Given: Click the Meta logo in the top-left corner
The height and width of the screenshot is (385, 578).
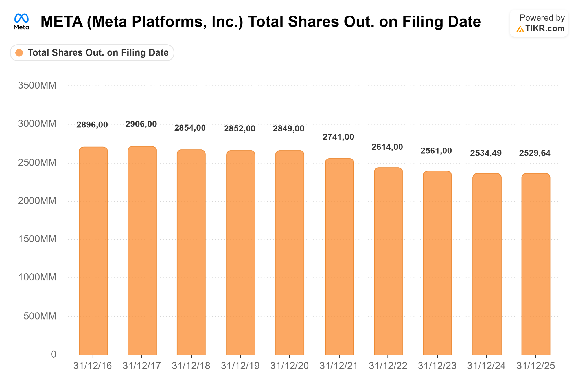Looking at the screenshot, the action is [21, 21].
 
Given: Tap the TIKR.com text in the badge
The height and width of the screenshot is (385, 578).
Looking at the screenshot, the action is [545, 28].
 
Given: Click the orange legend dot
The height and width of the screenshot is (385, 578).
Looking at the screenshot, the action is [19, 53].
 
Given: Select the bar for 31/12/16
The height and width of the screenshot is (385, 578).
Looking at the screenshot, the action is [93, 251].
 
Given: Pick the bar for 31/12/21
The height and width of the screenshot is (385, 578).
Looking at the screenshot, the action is [339, 256].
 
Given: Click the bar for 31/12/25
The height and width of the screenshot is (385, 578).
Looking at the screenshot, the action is [536, 264].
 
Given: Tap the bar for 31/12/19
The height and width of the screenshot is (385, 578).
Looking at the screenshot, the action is [241, 252].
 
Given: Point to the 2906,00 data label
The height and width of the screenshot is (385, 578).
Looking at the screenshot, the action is [141, 124].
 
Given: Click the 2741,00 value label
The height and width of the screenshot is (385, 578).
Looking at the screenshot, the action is [338, 137].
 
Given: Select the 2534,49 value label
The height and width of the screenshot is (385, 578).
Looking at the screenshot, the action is [486, 153].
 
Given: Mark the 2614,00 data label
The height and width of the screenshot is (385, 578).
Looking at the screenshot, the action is [387, 147].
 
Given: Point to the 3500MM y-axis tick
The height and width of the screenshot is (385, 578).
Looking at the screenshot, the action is [37, 85].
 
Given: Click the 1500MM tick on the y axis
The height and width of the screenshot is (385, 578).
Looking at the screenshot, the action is [37, 239].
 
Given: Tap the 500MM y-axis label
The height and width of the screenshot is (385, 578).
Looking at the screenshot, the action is [40, 316].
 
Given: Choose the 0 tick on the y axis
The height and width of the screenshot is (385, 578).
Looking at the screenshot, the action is [54, 354].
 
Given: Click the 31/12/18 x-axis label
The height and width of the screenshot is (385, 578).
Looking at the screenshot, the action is [191, 366].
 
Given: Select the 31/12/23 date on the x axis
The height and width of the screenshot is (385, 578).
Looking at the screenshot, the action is [437, 366].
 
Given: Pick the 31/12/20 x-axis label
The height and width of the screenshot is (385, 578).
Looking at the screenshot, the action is [290, 366].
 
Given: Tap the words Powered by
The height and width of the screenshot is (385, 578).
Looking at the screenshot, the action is [542, 18].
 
